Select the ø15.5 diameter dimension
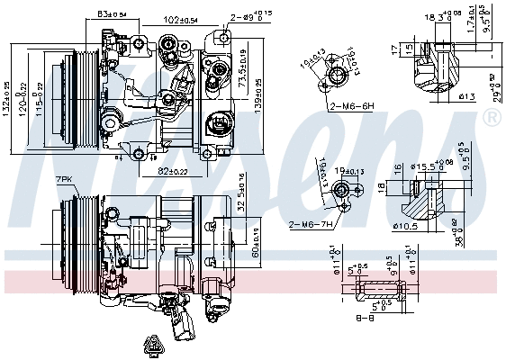click(x=427, y=165)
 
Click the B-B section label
click(x=365, y=317)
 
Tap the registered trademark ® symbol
click(x=491, y=118)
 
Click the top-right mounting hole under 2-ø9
click(x=223, y=37)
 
